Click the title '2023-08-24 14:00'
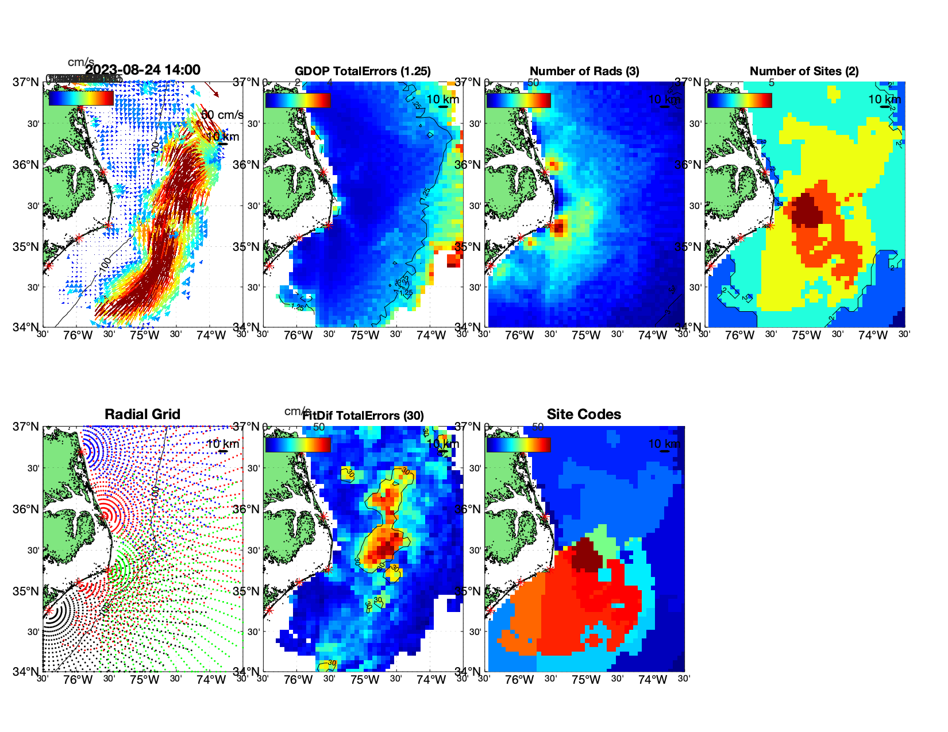(x=142, y=70)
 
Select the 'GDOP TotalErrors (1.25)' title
(x=363, y=71)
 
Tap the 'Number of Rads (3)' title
(x=584, y=71)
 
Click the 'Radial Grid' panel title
(x=142, y=415)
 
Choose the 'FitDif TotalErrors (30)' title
(x=363, y=416)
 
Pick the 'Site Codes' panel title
(x=584, y=415)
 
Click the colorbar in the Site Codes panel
(x=518, y=444)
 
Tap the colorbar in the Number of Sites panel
(x=739, y=100)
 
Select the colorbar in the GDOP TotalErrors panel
(x=298, y=100)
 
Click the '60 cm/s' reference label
(x=222, y=115)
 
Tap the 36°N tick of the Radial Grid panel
(x=26, y=509)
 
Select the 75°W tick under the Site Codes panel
(x=585, y=680)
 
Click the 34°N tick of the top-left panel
(x=26, y=327)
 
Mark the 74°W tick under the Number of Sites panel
(x=872, y=335)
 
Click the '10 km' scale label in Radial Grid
(x=222, y=444)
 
